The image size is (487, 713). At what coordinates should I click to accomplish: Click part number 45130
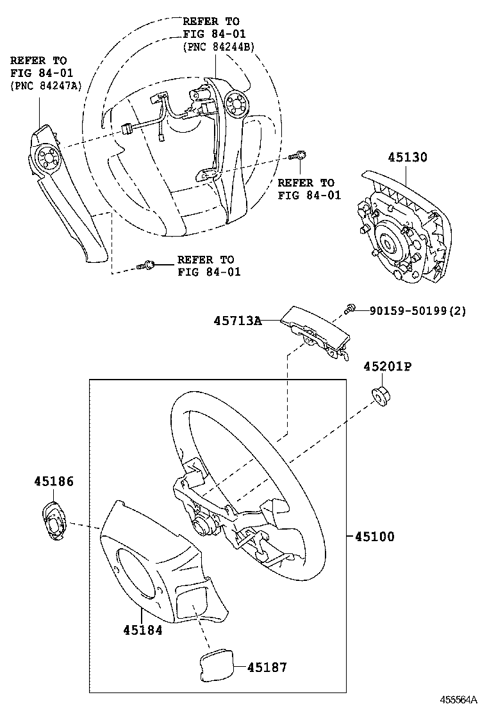(408, 157)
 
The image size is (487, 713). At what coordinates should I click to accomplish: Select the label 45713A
(238, 321)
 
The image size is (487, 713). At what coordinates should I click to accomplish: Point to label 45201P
(387, 367)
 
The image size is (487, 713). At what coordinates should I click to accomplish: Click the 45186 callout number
(54, 481)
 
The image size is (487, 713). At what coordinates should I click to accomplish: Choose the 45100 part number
(374, 537)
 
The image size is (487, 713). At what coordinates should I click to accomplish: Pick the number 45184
(143, 630)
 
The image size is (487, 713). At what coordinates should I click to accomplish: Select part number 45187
(267, 667)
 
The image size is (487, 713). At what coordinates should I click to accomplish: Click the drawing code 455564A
(458, 699)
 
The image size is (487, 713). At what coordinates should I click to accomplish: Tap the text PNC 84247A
(46, 86)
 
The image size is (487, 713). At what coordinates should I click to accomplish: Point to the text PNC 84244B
(219, 46)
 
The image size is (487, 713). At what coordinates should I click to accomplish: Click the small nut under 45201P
(380, 396)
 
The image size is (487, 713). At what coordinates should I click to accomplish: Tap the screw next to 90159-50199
(349, 309)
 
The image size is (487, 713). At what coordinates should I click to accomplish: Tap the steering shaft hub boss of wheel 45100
(200, 527)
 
